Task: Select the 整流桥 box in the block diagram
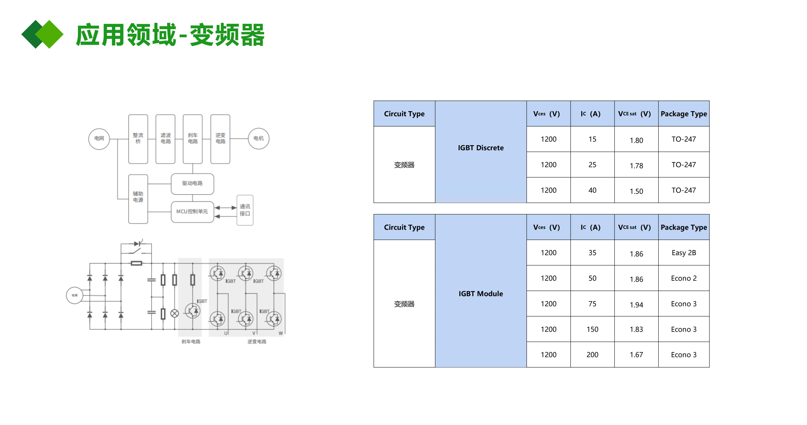(138, 139)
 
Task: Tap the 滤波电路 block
(165, 139)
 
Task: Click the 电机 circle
(258, 139)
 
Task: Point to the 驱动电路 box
(192, 183)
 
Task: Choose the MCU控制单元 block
(192, 212)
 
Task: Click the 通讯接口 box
(245, 210)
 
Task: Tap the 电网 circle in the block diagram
(99, 139)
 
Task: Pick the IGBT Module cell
(481, 294)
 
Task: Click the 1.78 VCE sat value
(636, 166)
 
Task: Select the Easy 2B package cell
(684, 253)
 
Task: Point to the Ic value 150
(592, 329)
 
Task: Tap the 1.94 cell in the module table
(636, 304)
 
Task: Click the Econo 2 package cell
(684, 278)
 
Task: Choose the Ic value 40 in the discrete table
(592, 190)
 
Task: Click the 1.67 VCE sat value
(636, 355)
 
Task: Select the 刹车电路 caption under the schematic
(191, 342)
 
